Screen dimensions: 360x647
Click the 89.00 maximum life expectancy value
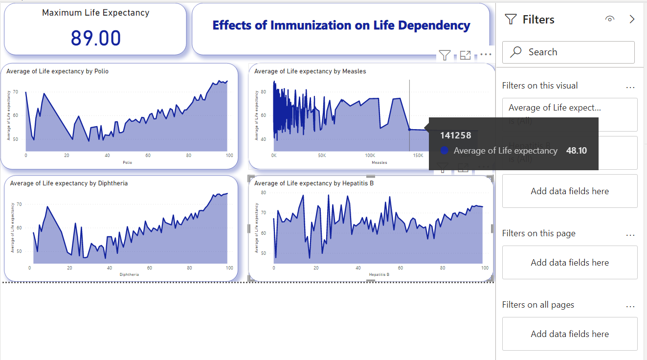click(x=96, y=38)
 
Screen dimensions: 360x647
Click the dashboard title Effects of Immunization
click(x=341, y=25)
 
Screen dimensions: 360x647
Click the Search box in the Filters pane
click(x=568, y=52)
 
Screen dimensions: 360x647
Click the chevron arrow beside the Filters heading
click(x=632, y=19)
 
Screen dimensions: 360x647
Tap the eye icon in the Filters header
click(x=609, y=19)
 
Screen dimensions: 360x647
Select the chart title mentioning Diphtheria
click(x=69, y=183)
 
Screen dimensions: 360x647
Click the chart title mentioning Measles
click(x=310, y=71)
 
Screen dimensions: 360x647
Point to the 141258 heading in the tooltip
click(x=455, y=135)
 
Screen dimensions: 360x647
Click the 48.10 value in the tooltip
click(x=576, y=151)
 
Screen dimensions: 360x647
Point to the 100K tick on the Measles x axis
click(x=370, y=156)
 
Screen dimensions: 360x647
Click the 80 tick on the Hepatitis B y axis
click(x=263, y=193)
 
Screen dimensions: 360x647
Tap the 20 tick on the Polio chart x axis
click(x=67, y=156)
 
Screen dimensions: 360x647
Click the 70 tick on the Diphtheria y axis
click(x=20, y=204)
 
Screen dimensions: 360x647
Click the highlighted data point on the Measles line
click(x=409, y=129)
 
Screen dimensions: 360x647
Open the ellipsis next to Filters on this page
click(x=630, y=235)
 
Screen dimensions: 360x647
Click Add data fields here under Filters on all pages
click(x=570, y=334)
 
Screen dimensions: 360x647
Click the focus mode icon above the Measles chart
click(x=465, y=55)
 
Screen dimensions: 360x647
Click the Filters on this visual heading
click(x=540, y=86)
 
